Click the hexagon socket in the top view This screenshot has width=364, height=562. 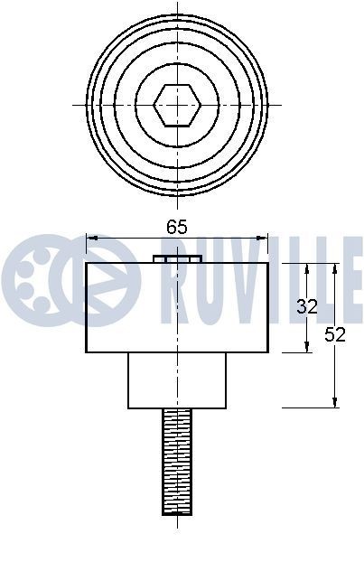[x=177, y=105]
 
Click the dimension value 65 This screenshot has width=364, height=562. [x=177, y=228]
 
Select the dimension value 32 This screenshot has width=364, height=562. [x=307, y=306]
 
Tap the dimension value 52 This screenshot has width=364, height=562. [x=335, y=334]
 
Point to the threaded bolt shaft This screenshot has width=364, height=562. [x=177, y=461]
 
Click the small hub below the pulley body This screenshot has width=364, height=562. [x=177, y=379]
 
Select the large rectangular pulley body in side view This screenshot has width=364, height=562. [x=177, y=307]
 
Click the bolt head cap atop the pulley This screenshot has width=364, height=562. [x=177, y=258]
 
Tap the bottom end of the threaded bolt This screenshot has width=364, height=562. [x=177, y=512]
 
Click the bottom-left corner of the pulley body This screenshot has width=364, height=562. [x=86, y=351]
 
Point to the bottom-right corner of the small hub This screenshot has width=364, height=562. [x=225, y=407]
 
